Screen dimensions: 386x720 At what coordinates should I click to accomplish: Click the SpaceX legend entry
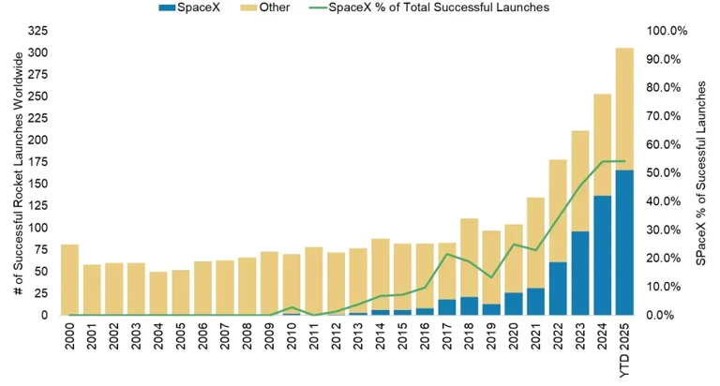(x=191, y=7)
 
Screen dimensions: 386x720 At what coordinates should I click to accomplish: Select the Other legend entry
(x=265, y=7)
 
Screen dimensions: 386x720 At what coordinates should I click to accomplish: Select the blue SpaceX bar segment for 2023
(x=579, y=273)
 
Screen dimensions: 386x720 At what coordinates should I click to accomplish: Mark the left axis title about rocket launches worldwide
(x=18, y=173)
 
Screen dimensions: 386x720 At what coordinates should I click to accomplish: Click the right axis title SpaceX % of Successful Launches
(x=701, y=173)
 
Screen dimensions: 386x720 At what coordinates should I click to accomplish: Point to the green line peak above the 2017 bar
(x=446, y=254)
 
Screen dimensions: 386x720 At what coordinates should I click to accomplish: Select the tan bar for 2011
(x=314, y=280)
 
